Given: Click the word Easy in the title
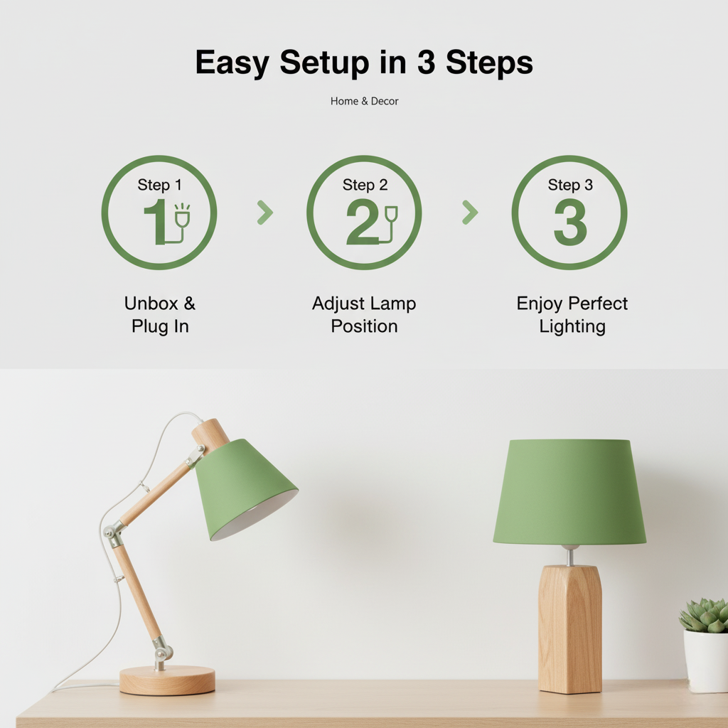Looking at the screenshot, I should (232, 63).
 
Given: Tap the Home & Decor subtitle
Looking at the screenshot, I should (364, 101).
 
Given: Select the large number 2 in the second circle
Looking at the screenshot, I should (362, 222).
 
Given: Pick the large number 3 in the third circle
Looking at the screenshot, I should (569, 222).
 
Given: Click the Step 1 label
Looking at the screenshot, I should (159, 185).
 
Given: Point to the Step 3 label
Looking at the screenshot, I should (569, 185).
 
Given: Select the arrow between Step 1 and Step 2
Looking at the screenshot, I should (264, 212).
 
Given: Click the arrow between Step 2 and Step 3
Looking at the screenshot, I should (470, 212).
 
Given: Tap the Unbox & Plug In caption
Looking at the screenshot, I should (159, 315).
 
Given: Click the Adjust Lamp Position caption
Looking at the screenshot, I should (364, 315).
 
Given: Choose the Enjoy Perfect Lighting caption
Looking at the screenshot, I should (572, 315).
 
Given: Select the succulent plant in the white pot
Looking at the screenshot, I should (705, 616).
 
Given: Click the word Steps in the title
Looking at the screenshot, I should (489, 63).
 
